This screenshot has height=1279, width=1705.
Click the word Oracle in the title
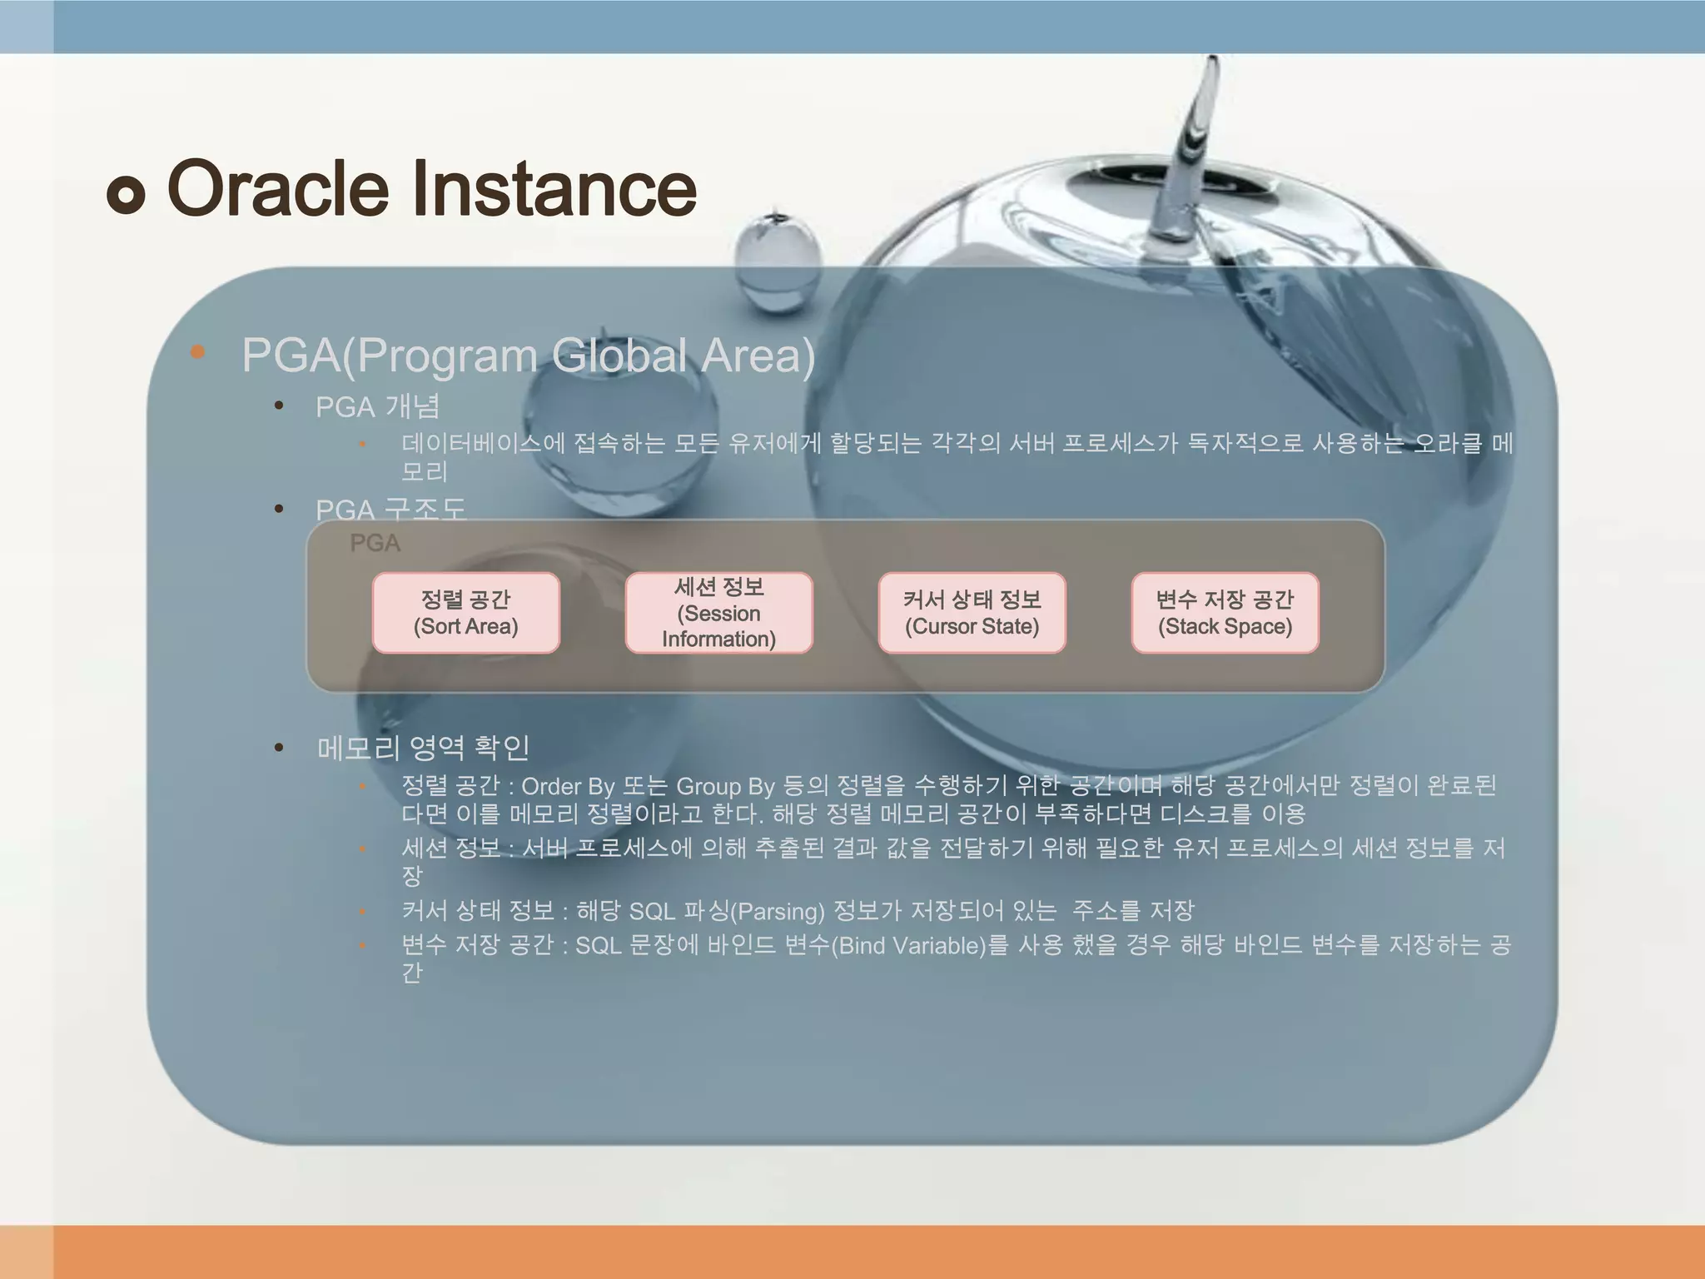click(x=278, y=189)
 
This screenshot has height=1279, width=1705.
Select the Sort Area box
click(x=465, y=613)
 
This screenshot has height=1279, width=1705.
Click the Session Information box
click(x=718, y=613)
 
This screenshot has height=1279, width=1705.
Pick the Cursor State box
click(x=972, y=613)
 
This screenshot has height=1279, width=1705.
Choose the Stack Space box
click(x=1225, y=613)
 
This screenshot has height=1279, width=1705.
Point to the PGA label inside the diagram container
click(x=375, y=544)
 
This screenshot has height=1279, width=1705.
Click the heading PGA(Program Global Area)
click(x=528, y=356)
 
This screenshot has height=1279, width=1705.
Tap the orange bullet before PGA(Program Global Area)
click(x=197, y=352)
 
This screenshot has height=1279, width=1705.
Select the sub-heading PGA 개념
click(x=377, y=407)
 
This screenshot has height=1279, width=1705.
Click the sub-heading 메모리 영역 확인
click(x=423, y=748)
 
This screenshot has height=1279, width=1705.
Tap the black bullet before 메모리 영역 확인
click(x=280, y=748)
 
